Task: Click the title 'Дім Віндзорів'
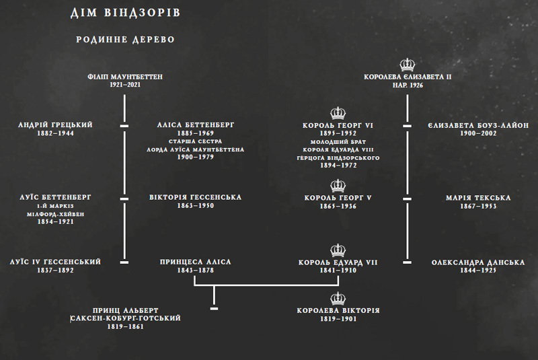[125, 13]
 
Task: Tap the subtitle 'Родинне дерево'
[125, 40]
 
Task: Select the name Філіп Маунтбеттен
[125, 77]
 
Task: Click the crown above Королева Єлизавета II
[408, 65]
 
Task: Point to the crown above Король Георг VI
[338, 113]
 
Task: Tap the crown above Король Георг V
[338, 186]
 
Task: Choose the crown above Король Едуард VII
[338, 250]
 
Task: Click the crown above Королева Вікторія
[338, 299]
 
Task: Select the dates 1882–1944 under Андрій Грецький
[55, 133]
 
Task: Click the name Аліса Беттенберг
[195, 125]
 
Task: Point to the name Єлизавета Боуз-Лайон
[478, 125]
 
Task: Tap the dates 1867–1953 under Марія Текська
[478, 207]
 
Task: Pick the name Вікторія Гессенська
[195, 197]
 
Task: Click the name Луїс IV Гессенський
[55, 262]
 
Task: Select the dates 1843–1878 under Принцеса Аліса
[195, 271]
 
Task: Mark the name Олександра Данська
[478, 262]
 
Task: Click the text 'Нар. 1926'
[408, 85]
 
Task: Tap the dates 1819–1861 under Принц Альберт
[125, 327]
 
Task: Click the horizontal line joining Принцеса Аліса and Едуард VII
[266, 285]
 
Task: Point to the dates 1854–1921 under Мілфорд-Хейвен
[55, 221]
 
